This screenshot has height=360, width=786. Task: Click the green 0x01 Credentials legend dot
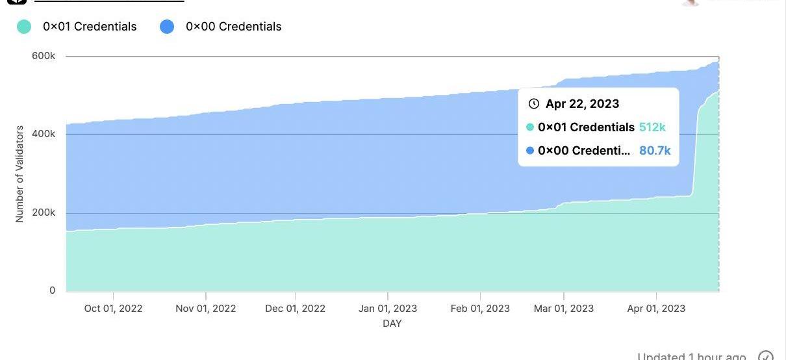[24, 27]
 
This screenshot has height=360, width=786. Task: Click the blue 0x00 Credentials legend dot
[167, 27]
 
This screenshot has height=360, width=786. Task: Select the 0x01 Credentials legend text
[90, 27]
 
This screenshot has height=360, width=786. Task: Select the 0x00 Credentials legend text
[233, 27]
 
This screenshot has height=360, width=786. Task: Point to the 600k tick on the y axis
[44, 56]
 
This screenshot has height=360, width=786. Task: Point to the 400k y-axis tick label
[44, 134]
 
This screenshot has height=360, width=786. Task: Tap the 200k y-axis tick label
[44, 212]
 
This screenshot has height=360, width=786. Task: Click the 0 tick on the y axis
[53, 290]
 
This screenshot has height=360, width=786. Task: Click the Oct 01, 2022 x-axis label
[113, 308]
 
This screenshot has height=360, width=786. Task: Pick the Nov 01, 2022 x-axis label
[206, 308]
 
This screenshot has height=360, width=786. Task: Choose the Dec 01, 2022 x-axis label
[295, 308]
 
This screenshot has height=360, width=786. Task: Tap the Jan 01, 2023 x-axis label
[388, 308]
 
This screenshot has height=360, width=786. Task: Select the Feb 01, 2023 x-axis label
[480, 308]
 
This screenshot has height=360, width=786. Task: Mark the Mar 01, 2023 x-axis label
[563, 308]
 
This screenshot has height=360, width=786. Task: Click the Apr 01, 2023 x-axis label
[655, 308]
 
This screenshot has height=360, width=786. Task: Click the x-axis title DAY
[392, 323]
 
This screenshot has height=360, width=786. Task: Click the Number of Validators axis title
[19, 174]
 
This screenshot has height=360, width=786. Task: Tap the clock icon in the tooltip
[534, 104]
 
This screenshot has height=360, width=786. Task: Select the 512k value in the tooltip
[652, 127]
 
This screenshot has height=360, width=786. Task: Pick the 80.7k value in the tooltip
[655, 151]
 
